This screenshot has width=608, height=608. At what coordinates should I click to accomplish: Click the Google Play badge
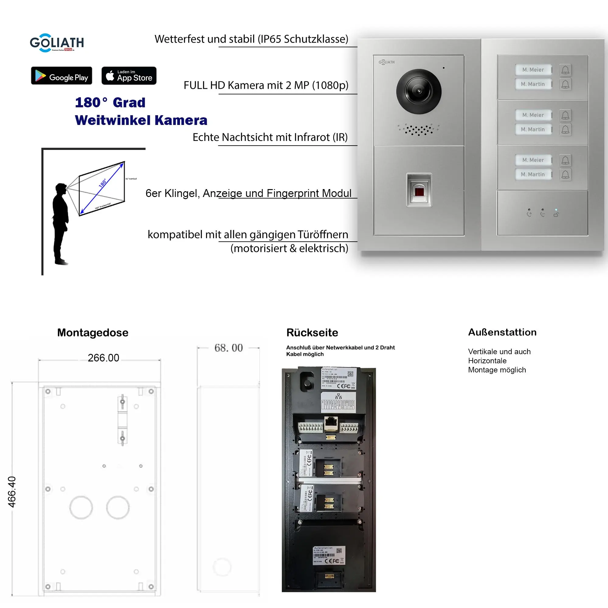61,75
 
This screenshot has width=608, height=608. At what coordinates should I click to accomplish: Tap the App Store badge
129,75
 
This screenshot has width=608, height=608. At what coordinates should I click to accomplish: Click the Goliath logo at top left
57,43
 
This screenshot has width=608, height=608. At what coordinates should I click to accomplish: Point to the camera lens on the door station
419,91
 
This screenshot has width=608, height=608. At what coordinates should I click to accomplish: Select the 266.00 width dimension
103,358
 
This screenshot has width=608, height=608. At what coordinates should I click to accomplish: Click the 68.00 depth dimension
229,348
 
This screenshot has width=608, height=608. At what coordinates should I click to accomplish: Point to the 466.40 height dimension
12,492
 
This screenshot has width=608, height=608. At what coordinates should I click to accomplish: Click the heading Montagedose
92,333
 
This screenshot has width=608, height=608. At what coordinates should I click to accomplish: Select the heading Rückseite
312,333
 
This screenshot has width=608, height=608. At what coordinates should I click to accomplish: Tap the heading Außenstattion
502,332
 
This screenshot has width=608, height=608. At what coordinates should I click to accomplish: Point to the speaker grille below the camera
419,129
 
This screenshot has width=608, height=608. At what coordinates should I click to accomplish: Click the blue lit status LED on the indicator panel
556,209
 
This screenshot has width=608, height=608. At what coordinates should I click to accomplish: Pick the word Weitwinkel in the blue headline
113,120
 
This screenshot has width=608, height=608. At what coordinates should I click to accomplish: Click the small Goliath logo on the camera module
386,62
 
